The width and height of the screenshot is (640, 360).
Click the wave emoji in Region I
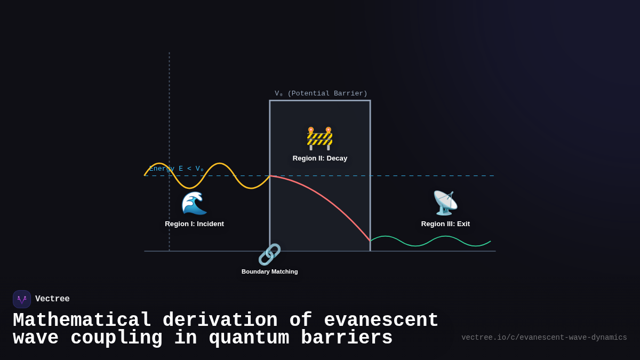click(x=194, y=203)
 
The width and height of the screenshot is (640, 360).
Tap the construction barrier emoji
click(x=319, y=138)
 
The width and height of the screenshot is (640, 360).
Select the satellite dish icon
click(x=445, y=203)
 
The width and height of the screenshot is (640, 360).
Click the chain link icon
click(x=269, y=254)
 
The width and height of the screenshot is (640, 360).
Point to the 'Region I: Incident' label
click(x=194, y=224)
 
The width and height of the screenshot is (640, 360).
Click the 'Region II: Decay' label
click(x=320, y=158)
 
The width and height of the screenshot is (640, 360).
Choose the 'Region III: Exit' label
click(x=445, y=224)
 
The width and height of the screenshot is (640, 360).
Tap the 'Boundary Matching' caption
click(x=269, y=271)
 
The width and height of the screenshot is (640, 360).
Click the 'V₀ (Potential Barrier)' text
click(x=321, y=94)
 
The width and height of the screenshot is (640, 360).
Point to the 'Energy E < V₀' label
click(x=177, y=169)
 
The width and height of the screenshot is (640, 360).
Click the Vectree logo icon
click(x=22, y=299)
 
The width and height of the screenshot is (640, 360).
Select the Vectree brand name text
click(x=52, y=299)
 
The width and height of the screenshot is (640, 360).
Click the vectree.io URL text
click(x=544, y=338)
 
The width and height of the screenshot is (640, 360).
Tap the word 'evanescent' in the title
click(x=381, y=321)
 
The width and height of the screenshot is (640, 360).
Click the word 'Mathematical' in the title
click(x=82, y=321)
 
